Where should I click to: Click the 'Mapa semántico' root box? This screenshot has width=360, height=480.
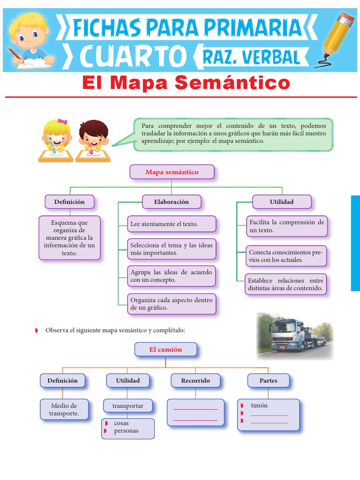(172, 172)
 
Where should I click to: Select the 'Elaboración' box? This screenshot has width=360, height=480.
(171, 202)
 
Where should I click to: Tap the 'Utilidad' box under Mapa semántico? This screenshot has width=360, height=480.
(281, 202)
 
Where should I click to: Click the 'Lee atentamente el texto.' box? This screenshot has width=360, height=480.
(171, 224)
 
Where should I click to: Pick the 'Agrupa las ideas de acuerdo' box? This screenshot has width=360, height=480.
(171, 276)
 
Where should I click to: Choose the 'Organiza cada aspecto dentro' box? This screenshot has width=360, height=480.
(171, 304)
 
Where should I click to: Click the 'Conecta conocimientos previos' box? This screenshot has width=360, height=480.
(285, 256)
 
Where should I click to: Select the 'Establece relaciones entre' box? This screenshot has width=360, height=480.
(285, 285)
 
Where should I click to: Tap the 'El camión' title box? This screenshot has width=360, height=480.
(165, 349)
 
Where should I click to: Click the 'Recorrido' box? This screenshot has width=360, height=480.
(195, 381)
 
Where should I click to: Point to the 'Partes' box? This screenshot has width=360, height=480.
(268, 381)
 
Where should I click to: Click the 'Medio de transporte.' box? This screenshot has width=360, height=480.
(64, 409)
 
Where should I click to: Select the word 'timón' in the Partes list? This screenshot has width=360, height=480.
(259, 405)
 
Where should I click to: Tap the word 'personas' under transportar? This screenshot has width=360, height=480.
(126, 431)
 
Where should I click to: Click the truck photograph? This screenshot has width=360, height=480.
(294, 336)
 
